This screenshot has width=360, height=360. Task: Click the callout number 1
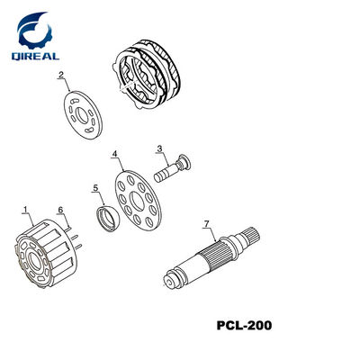coord(25,209)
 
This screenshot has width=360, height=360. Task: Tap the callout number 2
coord(61,75)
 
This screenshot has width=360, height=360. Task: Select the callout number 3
coord(159,148)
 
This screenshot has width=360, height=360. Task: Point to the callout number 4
coord(114,154)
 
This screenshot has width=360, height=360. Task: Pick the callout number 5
coord(95,188)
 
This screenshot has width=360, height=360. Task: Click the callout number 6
coord(60,210)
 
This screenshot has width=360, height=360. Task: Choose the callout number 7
coord(206,224)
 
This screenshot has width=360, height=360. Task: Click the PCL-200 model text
coord(244,325)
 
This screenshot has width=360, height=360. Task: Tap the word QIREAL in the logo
coord(35,56)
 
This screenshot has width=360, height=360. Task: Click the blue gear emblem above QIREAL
coord(34,30)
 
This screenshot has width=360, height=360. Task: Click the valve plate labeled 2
coord(83,115)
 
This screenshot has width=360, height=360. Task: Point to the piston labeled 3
coord(173,168)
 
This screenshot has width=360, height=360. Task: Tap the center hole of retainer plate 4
coord(136,202)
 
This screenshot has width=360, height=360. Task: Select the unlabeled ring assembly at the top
coord(148,74)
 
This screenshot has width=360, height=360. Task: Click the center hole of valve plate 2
coord(82,115)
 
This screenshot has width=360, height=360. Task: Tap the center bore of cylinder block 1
coord(35,261)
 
